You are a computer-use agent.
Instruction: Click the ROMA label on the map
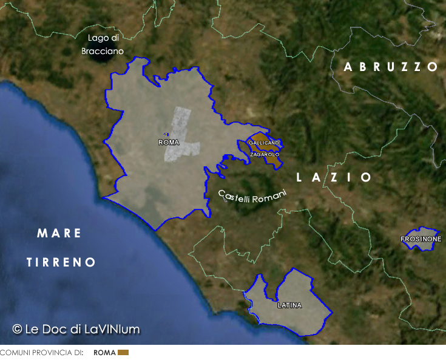pos(168,143)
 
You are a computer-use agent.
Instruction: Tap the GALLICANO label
pos(264,143)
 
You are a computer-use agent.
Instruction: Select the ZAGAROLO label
pos(265,155)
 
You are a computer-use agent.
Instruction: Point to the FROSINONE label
pos(421,240)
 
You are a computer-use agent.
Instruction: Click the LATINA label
pos(289,305)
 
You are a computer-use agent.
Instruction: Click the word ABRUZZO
pos(391,67)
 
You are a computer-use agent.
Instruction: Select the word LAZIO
pos(334,177)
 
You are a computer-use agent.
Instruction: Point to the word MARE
pos(59,233)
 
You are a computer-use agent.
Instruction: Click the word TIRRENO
pos(61,262)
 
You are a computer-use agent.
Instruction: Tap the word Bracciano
pos(103,52)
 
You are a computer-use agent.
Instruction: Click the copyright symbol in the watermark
pos(18,329)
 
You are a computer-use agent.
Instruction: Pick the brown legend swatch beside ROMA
pos(123,352)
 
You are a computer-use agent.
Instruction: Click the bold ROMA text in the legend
pos(104,352)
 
